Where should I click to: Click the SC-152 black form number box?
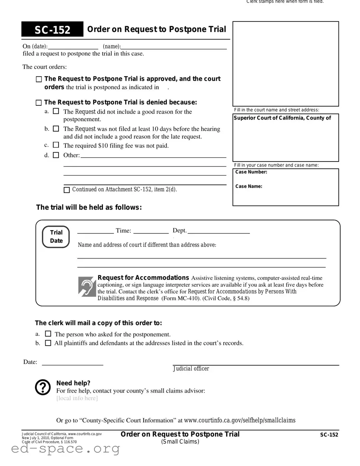[x=52, y=30]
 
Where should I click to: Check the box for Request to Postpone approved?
[x=39, y=80]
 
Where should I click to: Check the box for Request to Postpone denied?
[x=39, y=103]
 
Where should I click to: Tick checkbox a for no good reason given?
[x=56, y=111]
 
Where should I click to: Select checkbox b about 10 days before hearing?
[x=56, y=129]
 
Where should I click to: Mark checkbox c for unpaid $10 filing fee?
[x=56, y=145]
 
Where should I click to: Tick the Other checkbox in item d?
[x=56, y=155]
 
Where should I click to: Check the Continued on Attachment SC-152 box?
[x=67, y=190]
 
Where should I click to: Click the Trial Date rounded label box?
[x=56, y=237]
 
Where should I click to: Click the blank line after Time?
[x=151, y=231]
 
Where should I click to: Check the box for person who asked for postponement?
[x=48, y=334]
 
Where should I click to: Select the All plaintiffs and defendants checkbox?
[x=48, y=343]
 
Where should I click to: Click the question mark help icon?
[x=43, y=387]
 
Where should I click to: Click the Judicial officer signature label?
[x=191, y=369]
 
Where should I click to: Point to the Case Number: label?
[x=251, y=172]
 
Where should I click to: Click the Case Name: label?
[x=249, y=187]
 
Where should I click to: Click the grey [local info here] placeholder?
[x=77, y=398]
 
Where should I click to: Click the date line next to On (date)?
[x=73, y=46]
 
